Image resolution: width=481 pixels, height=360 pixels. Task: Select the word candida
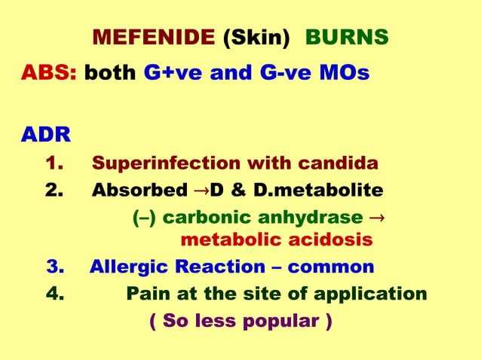pos(341,163)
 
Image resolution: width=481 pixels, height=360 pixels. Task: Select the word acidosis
pos(334,240)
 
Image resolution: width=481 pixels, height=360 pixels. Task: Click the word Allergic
pos(127,267)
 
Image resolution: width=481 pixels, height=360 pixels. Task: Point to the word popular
pos(277,321)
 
